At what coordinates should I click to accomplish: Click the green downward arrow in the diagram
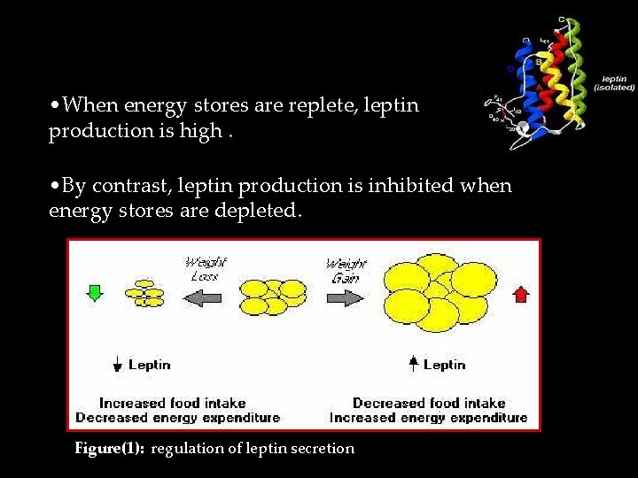tap(94, 292)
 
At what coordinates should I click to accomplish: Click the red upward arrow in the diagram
tap(520, 292)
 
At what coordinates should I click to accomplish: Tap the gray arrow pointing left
tap(205, 298)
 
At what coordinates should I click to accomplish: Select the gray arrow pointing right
tap(346, 298)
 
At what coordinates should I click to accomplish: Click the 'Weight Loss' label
tap(205, 269)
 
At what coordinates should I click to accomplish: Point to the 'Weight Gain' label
tap(346, 269)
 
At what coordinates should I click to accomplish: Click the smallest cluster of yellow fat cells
tap(146, 294)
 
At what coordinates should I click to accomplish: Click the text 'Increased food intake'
tap(172, 403)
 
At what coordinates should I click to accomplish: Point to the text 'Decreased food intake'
tap(429, 403)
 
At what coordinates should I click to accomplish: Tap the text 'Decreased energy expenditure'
tap(177, 417)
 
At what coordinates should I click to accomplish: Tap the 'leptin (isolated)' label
tap(614, 84)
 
